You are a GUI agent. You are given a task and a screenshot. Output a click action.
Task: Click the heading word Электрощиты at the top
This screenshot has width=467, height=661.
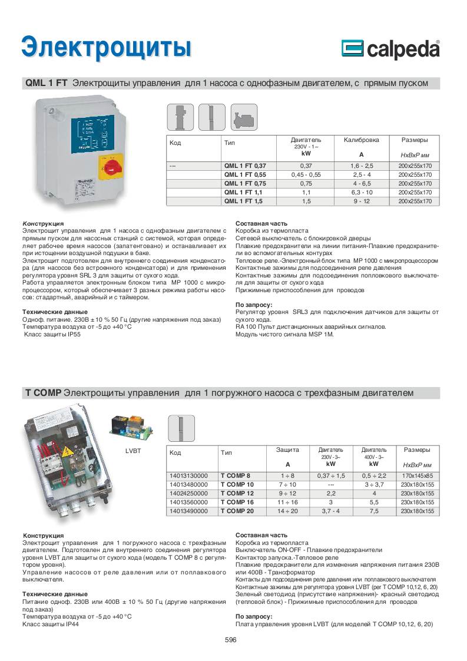(x=107, y=47)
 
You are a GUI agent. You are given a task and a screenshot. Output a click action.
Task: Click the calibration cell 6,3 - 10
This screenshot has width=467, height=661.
(x=362, y=192)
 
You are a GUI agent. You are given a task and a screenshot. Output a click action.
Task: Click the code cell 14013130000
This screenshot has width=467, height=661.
(x=188, y=475)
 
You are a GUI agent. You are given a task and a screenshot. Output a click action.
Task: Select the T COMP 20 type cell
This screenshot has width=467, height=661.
(x=237, y=511)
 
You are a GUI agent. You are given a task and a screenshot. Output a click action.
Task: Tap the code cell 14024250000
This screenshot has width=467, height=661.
(x=188, y=493)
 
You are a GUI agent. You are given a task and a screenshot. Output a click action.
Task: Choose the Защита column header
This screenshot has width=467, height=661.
(x=288, y=450)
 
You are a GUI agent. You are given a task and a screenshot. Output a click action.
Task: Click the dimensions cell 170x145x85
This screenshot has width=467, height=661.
(x=417, y=475)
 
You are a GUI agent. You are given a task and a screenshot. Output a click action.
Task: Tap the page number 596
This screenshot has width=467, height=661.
(x=231, y=640)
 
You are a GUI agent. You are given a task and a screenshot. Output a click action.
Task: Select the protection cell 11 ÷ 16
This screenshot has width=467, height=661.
(x=288, y=503)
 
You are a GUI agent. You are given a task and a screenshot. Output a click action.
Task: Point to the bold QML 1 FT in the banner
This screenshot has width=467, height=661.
(x=46, y=84)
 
